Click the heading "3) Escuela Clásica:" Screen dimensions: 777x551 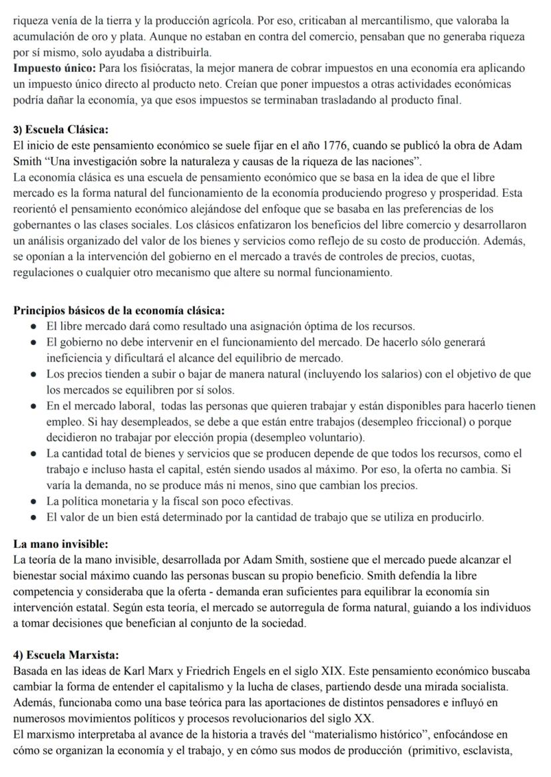[61, 129]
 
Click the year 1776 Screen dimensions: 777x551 [335, 145]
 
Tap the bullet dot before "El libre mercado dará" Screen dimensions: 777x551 [33, 327]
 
